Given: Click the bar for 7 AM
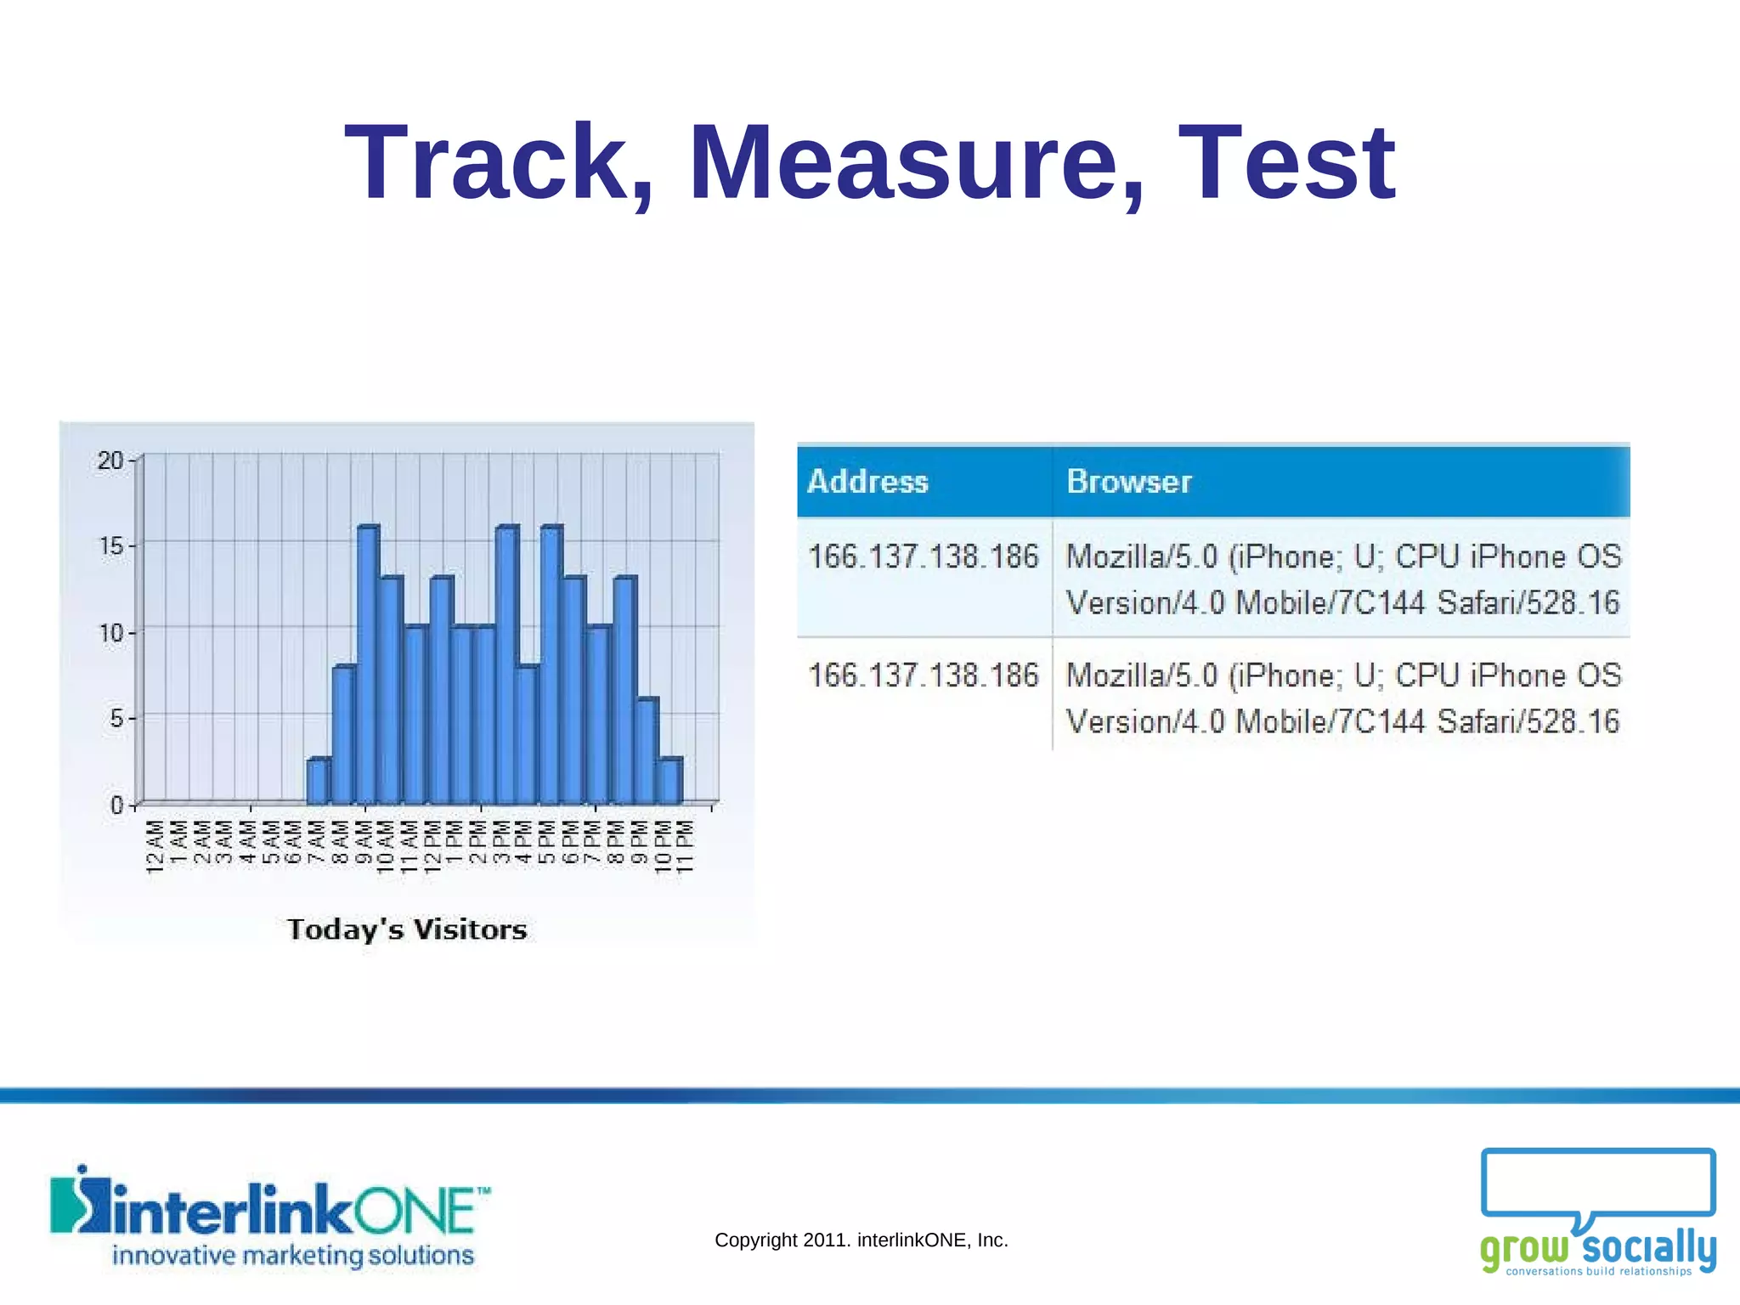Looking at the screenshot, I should tap(318, 782).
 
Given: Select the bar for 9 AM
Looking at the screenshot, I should tap(367, 665).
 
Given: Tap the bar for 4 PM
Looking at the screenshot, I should tap(527, 735).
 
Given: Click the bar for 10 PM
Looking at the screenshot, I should tap(669, 782).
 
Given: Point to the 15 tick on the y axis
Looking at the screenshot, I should tap(111, 545).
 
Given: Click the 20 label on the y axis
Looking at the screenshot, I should tap(110, 460).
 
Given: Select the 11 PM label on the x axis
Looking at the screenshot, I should tap(686, 847).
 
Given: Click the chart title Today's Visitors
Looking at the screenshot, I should tap(407, 929).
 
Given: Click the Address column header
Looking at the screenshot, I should tap(867, 482).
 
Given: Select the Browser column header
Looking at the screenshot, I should tap(1129, 482).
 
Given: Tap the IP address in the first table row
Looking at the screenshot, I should tap(924, 557).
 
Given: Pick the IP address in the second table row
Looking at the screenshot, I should tap(924, 676).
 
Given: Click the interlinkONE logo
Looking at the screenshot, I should tap(270, 1217).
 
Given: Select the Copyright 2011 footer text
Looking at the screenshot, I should tap(861, 1240).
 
